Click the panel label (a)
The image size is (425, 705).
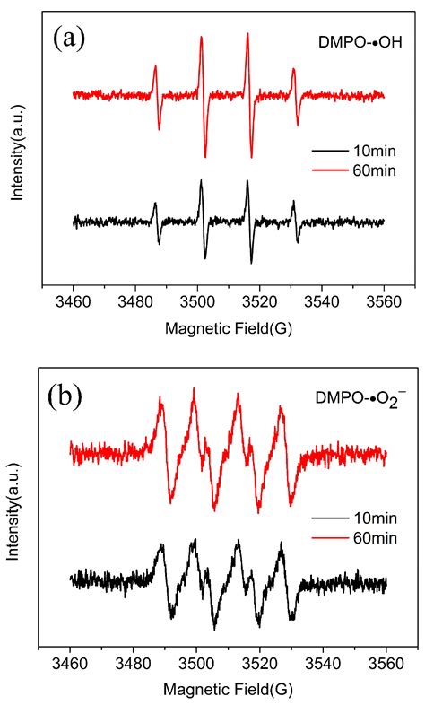(x=71, y=37)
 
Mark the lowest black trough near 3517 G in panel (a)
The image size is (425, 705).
(x=252, y=262)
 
